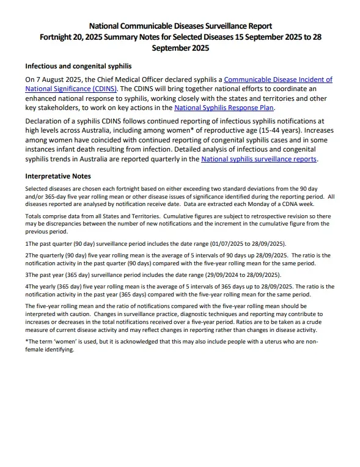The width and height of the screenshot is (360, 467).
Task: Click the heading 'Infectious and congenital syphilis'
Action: tap(78, 66)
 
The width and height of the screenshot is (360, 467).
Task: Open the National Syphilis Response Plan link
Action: tap(224, 107)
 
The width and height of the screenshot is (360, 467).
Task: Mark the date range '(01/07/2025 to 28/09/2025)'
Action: tap(245, 243)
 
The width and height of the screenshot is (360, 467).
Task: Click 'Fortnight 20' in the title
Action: tap(64, 37)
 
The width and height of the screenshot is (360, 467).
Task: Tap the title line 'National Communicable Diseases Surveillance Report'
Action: tap(180, 26)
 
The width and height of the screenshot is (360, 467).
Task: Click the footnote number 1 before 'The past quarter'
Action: tap(27, 243)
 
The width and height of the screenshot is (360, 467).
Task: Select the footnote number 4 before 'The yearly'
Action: tap(27, 286)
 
